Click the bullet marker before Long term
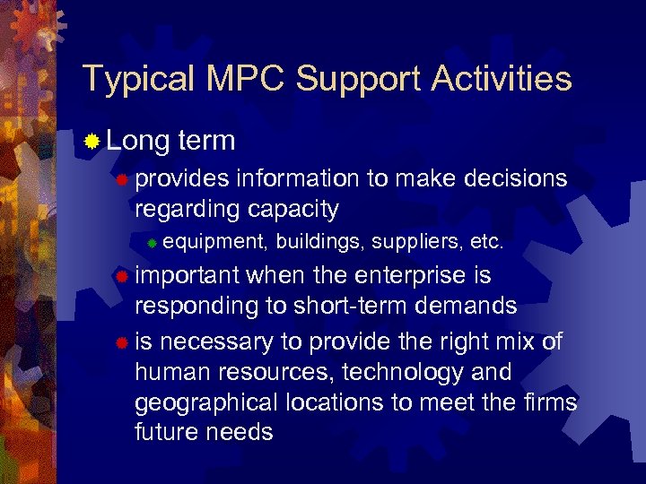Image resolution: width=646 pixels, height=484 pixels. (92, 142)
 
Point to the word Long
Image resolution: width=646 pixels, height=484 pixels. (137, 142)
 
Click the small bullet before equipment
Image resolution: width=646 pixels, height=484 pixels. (153, 243)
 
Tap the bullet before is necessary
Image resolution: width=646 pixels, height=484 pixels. (122, 341)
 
